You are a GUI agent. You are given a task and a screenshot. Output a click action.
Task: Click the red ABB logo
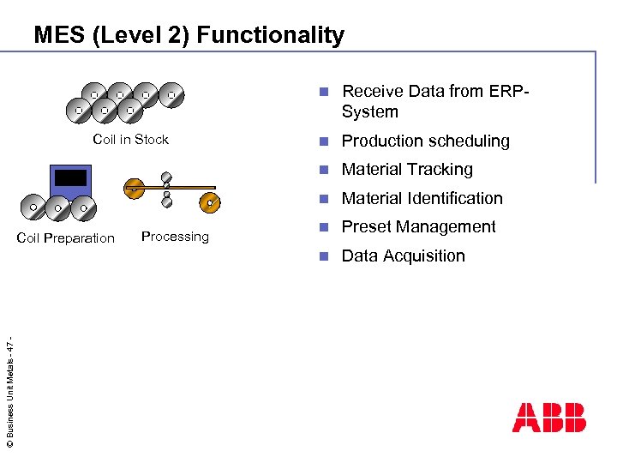pos(548,418)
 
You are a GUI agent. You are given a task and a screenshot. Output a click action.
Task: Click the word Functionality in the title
pos(272,35)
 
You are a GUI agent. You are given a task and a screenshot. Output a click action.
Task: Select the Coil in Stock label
pos(130,140)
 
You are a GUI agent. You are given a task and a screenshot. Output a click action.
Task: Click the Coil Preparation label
pos(65,238)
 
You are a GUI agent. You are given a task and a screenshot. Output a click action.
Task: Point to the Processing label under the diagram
pos(175,237)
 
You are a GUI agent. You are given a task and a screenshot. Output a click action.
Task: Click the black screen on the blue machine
pos(70,177)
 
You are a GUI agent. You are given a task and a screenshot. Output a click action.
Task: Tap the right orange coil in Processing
pos(210,202)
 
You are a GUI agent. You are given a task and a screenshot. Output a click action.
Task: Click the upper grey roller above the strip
pos(167,179)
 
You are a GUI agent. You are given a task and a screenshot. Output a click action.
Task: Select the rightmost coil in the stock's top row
pos(172,93)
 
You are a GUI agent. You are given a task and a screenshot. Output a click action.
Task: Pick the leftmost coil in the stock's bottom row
pos(78,110)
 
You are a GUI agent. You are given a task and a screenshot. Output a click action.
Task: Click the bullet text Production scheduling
pos(425,141)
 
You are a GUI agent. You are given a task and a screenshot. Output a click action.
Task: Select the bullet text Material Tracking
pos(407,170)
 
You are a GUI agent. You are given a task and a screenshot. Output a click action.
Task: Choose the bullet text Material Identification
pos(422,198)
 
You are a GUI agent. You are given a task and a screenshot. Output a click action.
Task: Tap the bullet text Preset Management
pos(418,227)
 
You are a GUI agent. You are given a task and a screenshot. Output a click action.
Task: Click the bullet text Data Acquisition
pos(403,256)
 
